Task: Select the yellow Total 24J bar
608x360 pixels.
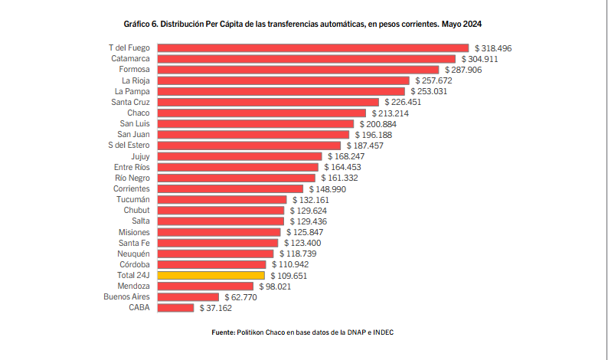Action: [x=210, y=275]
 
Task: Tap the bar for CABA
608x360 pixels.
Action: [x=175, y=308]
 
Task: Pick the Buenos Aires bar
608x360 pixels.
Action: [x=187, y=297]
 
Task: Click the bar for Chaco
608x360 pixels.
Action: [x=261, y=113]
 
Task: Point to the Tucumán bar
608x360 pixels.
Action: [x=221, y=199]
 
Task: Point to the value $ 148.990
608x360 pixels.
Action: [x=330, y=188]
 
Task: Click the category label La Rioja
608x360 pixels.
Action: [x=136, y=80]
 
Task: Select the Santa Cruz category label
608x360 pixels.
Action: [x=130, y=102]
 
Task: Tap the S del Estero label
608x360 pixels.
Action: [x=129, y=146]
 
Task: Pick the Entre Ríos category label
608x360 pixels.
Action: [x=132, y=167]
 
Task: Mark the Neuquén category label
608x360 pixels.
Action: [x=133, y=254]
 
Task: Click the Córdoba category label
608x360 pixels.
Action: [x=134, y=264]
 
